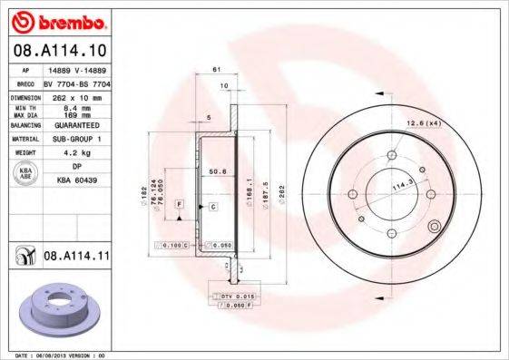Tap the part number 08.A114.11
[76, 258]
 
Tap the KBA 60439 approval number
[78, 180]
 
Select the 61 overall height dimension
[217, 70]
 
